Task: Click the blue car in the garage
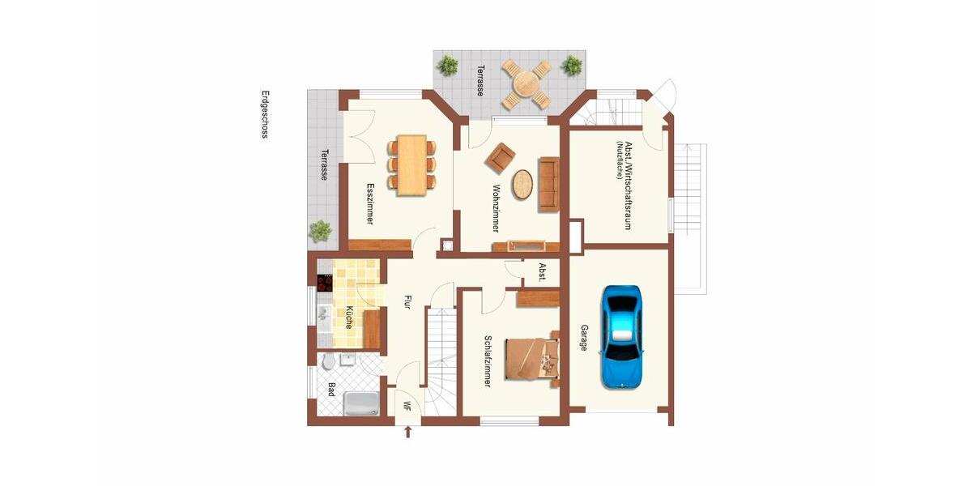tap(621, 335)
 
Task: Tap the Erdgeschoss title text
tap(264, 114)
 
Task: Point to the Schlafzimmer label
tap(488, 361)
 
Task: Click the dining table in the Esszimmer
tap(411, 164)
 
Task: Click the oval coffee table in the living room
tap(523, 185)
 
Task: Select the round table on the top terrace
tap(525, 83)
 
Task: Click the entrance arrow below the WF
tap(407, 433)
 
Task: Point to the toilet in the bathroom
tap(328, 361)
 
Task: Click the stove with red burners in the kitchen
tap(325, 283)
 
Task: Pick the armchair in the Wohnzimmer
tap(501, 157)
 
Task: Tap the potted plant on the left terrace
tap(321, 231)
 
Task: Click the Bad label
tap(331, 390)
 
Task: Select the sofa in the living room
tap(549, 184)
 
